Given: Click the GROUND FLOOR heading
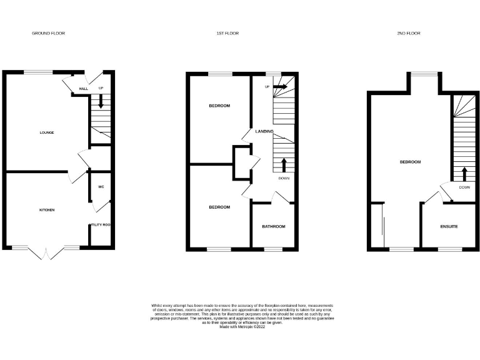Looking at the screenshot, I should click(48, 33).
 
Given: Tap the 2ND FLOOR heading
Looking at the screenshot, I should click(409, 33).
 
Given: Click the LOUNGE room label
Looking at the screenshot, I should click(47, 132).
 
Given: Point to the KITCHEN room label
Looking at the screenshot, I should click(47, 210).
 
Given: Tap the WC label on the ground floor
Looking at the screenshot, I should click(101, 187).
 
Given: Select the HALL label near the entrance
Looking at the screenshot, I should click(83, 89).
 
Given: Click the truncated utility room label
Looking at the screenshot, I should click(100, 225).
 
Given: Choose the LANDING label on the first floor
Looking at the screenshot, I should click(265, 131).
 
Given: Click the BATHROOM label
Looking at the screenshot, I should click(274, 226).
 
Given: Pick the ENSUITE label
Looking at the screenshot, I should click(449, 226).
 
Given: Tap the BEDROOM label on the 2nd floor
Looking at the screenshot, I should click(410, 162).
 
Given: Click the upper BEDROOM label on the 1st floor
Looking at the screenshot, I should click(219, 106).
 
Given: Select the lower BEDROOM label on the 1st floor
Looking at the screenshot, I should click(219, 207).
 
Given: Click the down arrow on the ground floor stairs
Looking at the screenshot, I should click(101, 102).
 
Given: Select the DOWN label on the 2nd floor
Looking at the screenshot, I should click(464, 187).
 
